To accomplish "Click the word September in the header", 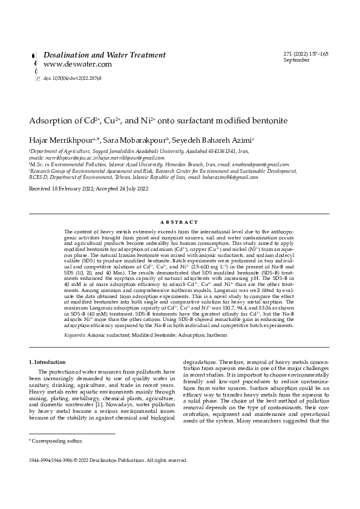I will point(296,60).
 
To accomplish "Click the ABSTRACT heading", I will point(180,222).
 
